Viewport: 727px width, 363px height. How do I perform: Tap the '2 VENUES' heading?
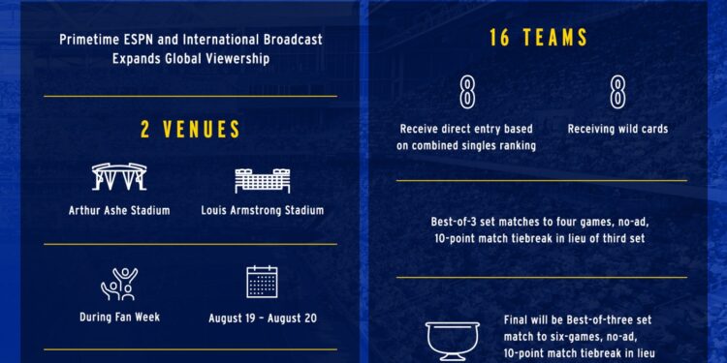point(190,130)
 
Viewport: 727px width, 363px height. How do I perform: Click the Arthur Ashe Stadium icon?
point(119,178)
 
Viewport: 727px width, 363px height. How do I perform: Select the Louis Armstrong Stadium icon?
point(263,179)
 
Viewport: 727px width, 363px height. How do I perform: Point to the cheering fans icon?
point(119,284)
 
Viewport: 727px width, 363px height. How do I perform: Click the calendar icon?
point(262,283)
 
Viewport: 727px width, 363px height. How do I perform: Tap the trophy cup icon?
point(453,341)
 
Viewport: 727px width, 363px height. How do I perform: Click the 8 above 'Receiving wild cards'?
point(617,94)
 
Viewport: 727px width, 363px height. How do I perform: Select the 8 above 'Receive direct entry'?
point(466,94)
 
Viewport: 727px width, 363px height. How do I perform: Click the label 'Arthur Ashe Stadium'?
point(119,210)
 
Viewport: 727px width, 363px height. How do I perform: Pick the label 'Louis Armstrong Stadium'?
point(263,210)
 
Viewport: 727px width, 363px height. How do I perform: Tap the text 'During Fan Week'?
point(119,317)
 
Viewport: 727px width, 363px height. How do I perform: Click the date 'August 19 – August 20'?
point(262,317)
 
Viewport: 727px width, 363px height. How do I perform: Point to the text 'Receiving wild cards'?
point(617,129)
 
